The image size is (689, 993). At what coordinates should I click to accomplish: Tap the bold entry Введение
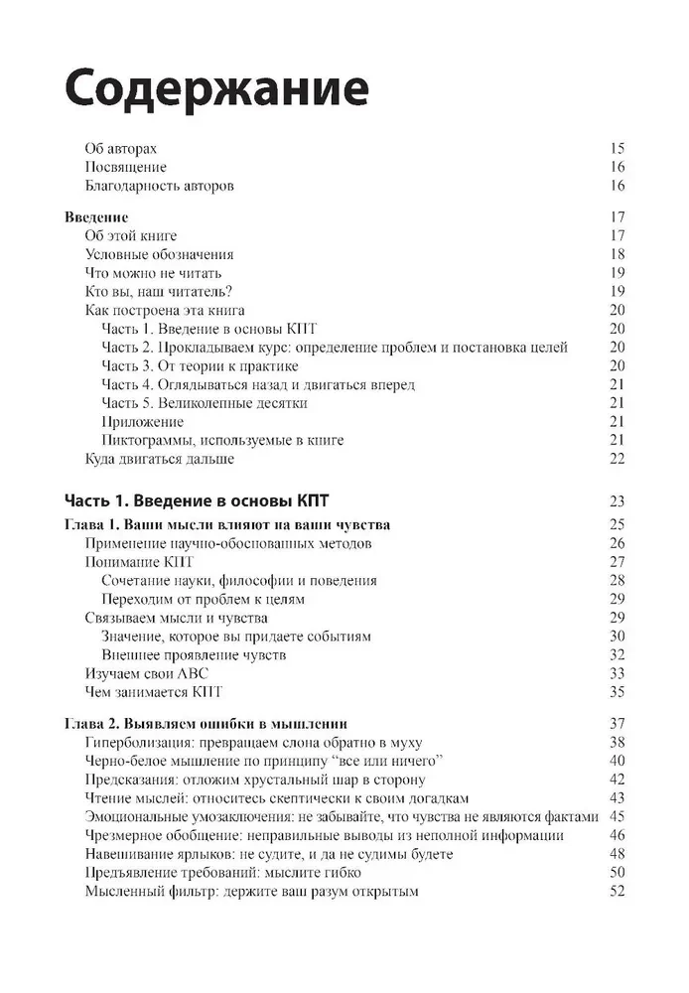click(x=96, y=216)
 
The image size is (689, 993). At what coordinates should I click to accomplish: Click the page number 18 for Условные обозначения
click(x=617, y=254)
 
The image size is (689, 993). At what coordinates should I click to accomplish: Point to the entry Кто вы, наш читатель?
click(x=159, y=291)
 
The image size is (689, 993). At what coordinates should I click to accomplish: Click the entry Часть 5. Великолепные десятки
click(x=204, y=403)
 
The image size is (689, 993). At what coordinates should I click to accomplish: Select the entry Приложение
click(x=142, y=422)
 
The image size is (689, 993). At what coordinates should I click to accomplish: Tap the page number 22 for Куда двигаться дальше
click(x=617, y=459)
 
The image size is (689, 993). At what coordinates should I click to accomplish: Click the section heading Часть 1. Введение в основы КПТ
click(x=204, y=499)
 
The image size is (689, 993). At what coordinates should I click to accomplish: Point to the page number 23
click(x=617, y=500)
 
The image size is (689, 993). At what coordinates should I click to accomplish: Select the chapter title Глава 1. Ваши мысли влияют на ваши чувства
click(x=226, y=524)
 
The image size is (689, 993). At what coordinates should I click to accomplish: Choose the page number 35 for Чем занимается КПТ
click(x=617, y=692)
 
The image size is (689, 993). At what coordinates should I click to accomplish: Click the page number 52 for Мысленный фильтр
click(x=617, y=892)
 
